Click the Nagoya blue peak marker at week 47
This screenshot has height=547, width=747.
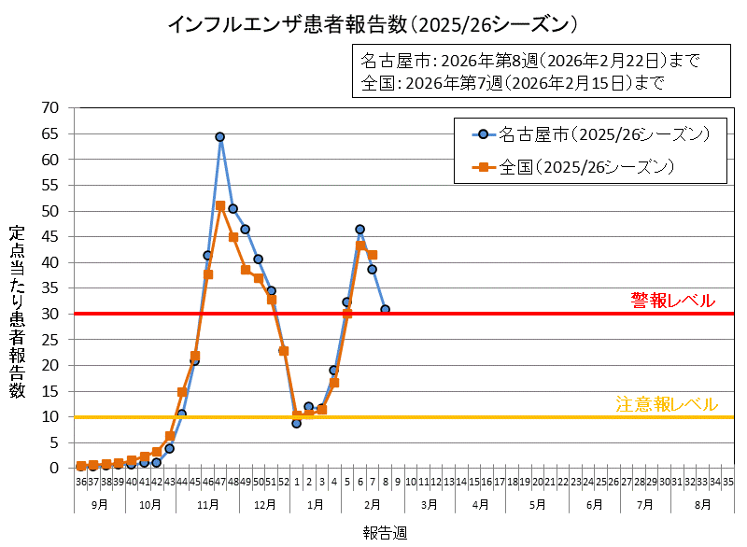[x=220, y=137]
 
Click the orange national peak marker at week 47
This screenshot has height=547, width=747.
[x=220, y=205]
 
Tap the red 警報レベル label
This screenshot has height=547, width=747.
[x=672, y=300]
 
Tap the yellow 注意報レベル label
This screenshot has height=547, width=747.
[x=667, y=404]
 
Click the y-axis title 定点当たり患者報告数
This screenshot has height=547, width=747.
[x=17, y=313]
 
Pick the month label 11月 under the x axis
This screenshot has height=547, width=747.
[x=208, y=504]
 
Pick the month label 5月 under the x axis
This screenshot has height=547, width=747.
[x=537, y=504]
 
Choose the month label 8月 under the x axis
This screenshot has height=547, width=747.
[x=702, y=504]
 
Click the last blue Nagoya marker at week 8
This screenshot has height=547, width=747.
[x=385, y=309]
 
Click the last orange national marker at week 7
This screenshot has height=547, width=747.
[x=373, y=255]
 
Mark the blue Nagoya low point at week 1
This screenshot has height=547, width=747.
[x=296, y=423]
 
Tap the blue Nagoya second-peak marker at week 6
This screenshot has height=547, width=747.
[x=359, y=230]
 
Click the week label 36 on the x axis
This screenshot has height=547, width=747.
[x=81, y=482]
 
